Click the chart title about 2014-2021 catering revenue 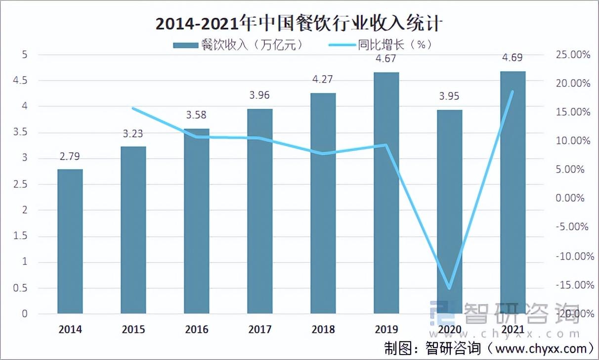coord(299,23)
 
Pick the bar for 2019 coord(386,193)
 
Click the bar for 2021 coord(513,192)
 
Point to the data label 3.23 coord(133,134)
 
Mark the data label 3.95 coord(450,96)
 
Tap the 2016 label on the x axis coord(197,329)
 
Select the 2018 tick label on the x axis coord(323,329)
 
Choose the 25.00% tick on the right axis coord(573,55)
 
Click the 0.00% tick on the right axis coord(573,198)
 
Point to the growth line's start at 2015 coord(133,108)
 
